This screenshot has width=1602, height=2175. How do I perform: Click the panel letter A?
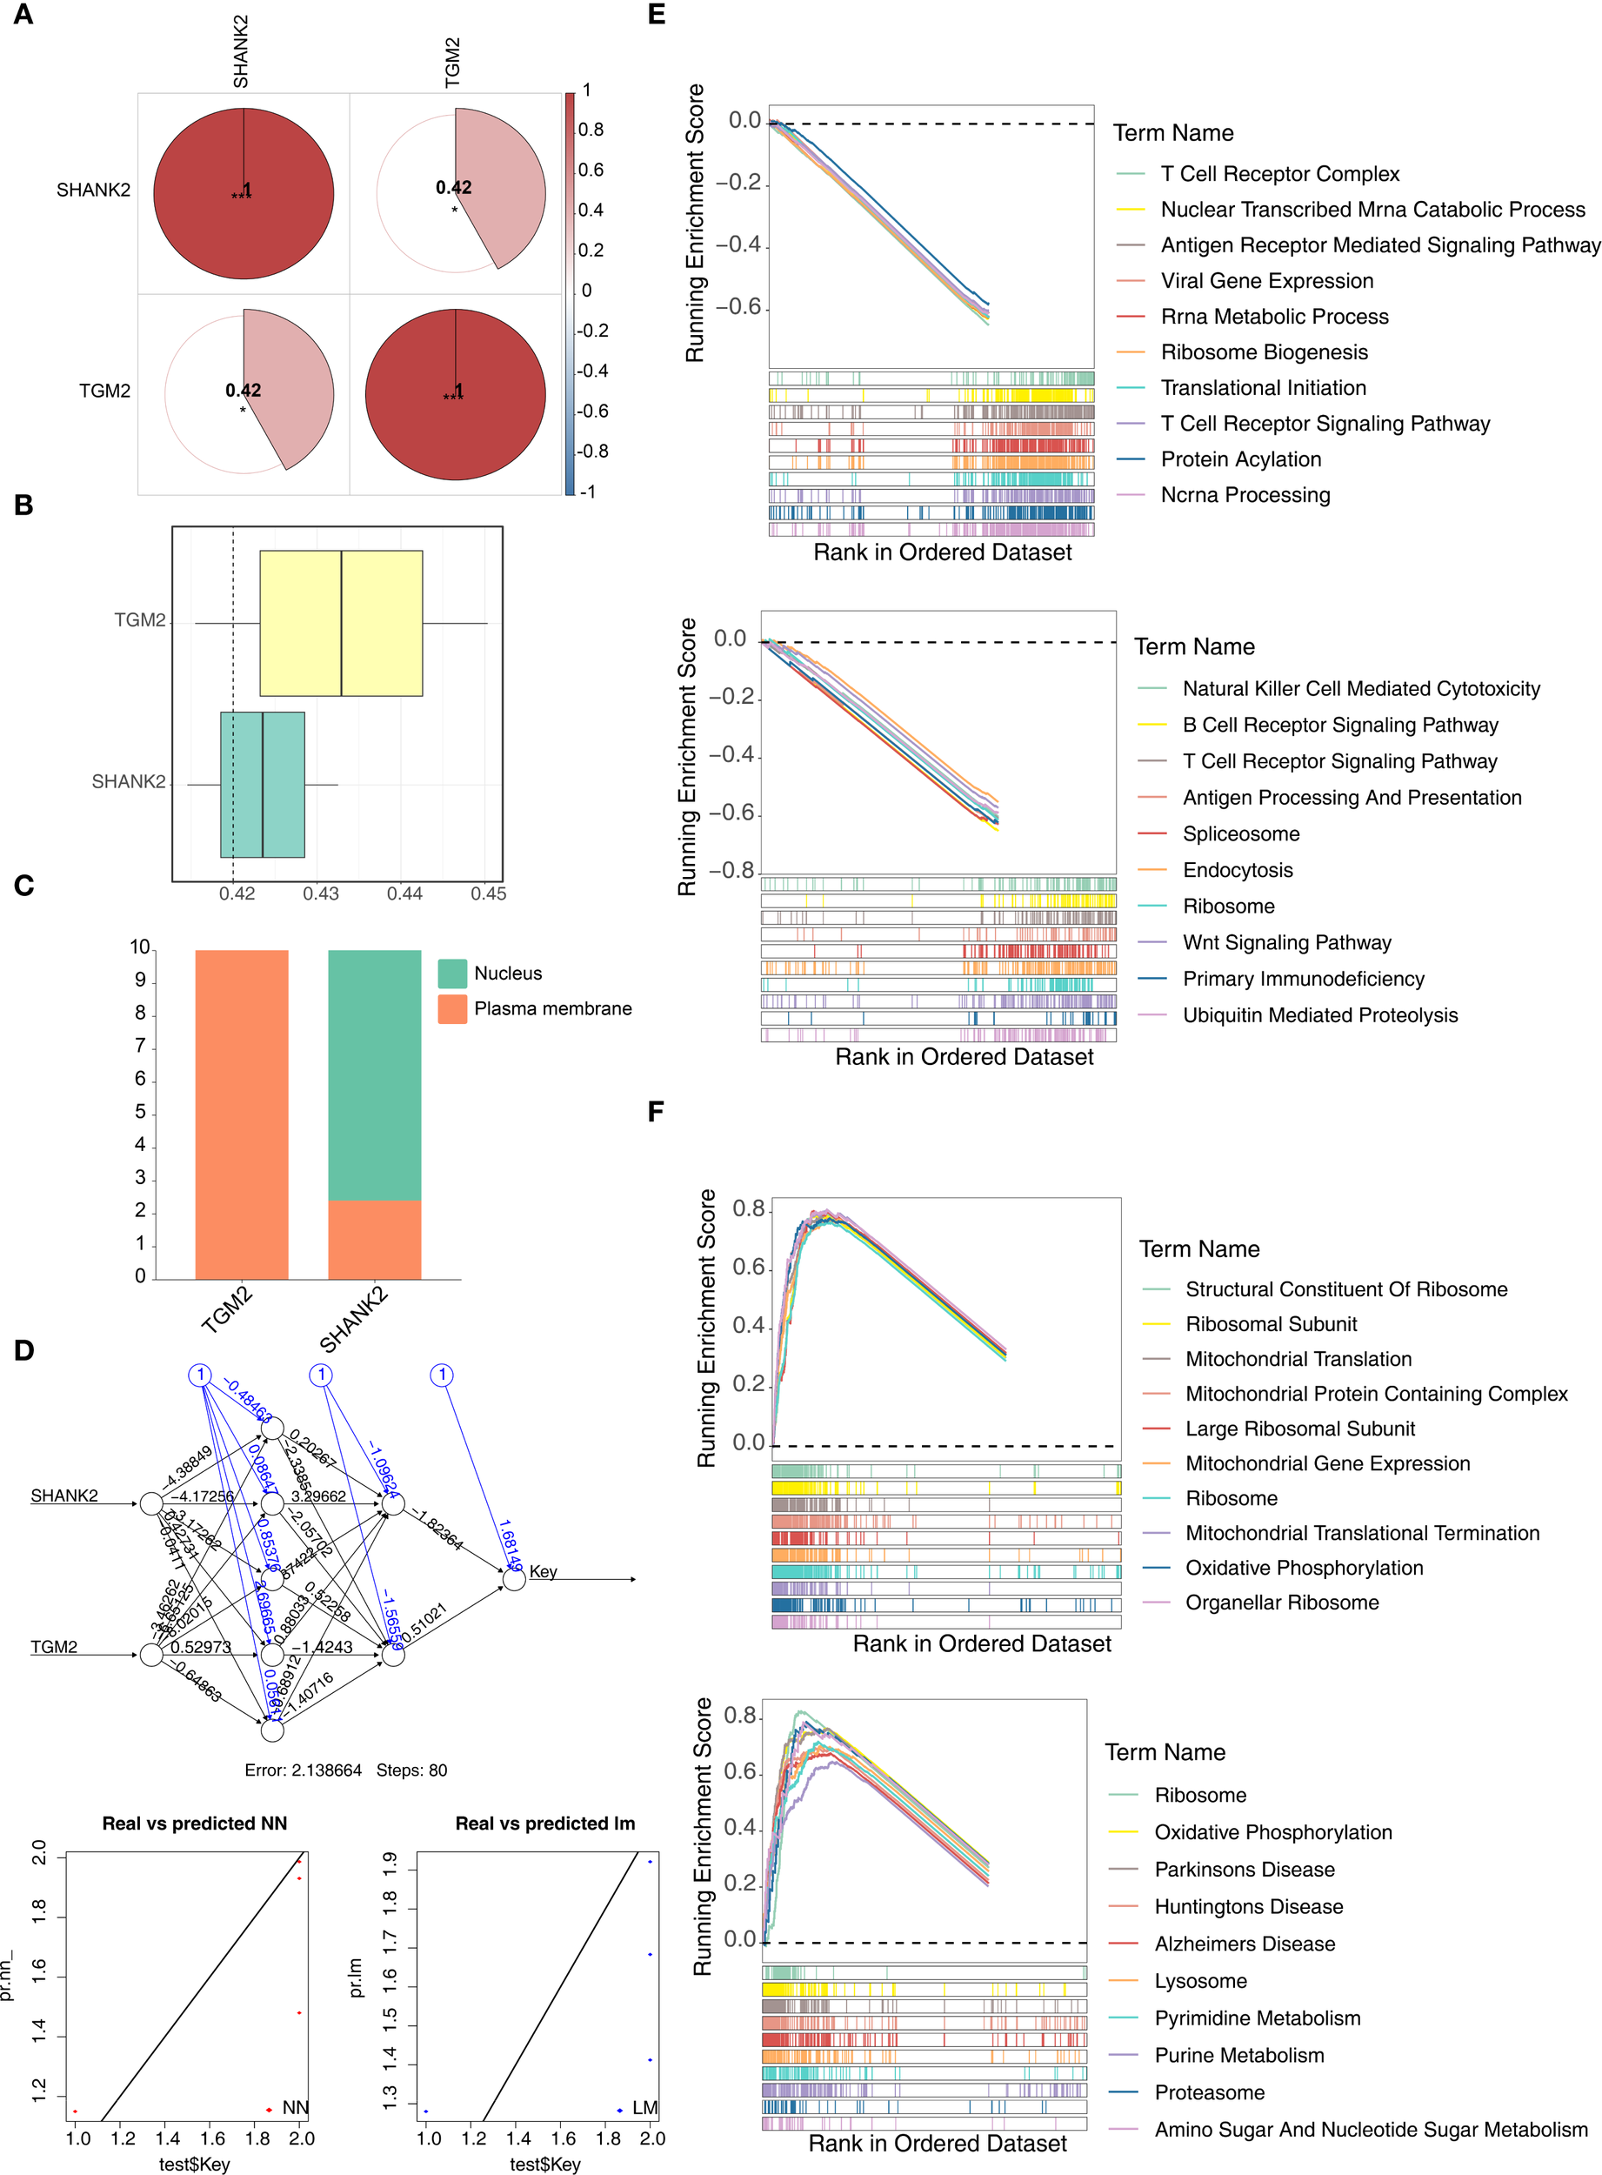23,15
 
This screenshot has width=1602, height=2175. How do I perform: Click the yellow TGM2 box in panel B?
340,623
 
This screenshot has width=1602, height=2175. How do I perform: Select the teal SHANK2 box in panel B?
263,784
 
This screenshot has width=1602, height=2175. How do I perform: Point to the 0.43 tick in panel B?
321,893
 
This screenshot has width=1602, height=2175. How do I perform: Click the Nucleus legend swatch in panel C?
452,973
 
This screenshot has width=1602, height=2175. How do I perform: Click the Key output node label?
543,1571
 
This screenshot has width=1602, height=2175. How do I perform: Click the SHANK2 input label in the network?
64,1495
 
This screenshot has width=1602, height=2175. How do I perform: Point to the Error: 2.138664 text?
303,1770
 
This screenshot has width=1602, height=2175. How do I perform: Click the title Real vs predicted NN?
195,1823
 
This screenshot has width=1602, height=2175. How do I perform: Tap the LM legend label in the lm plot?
644,2107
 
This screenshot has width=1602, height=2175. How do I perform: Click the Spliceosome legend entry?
1240,833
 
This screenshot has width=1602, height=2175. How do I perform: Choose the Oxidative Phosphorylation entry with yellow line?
1272,1831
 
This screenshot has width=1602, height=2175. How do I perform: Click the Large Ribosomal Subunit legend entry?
1299,1428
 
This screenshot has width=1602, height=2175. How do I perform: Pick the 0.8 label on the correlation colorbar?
591,130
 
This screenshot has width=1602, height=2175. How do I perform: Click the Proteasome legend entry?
1209,2091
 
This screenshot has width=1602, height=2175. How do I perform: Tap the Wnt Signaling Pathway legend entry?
1286,942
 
